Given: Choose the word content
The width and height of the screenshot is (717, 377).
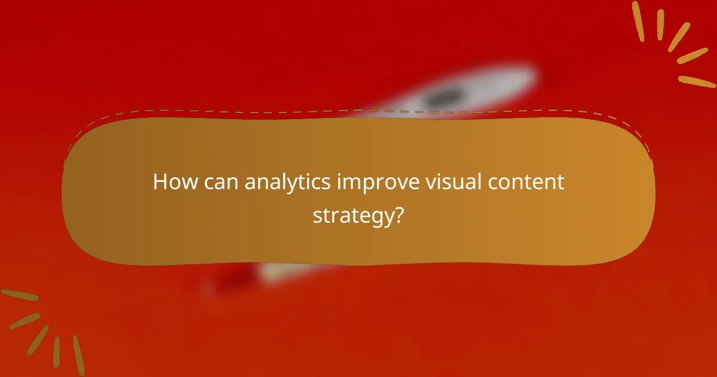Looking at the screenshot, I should point(529,182).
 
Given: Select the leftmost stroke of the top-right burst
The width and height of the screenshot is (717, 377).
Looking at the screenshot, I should point(638,21).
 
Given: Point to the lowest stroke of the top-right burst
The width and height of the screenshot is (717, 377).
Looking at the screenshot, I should point(697,81).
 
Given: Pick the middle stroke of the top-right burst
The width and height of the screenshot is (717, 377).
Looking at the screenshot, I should point(679,37).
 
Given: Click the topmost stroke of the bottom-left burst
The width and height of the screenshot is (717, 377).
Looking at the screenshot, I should point(19,295).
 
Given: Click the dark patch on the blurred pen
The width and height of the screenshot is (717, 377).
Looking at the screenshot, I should point(445,96).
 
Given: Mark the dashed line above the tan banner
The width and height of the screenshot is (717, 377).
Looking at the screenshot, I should point(358,111).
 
